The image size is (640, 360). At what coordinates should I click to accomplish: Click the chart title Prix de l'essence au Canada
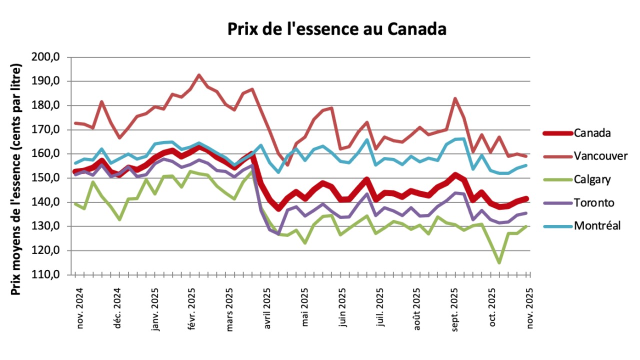pyautogui.click(x=336, y=29)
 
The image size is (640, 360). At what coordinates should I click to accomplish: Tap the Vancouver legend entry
pyautogui.click(x=600, y=156)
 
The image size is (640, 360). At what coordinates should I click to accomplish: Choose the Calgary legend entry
pyautogui.click(x=592, y=179)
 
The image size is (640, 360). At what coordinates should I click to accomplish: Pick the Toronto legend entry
pyautogui.click(x=593, y=202)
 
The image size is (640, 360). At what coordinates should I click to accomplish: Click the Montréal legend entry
pyautogui.click(x=597, y=225)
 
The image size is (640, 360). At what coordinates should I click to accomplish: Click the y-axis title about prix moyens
pyautogui.click(x=16, y=179)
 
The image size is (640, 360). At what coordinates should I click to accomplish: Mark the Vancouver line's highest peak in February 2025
pyautogui.click(x=198, y=75)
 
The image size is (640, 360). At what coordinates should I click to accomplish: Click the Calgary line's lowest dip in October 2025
pyautogui.click(x=499, y=262)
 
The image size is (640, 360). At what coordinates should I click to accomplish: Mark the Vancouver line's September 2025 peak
pyautogui.click(x=455, y=98)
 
